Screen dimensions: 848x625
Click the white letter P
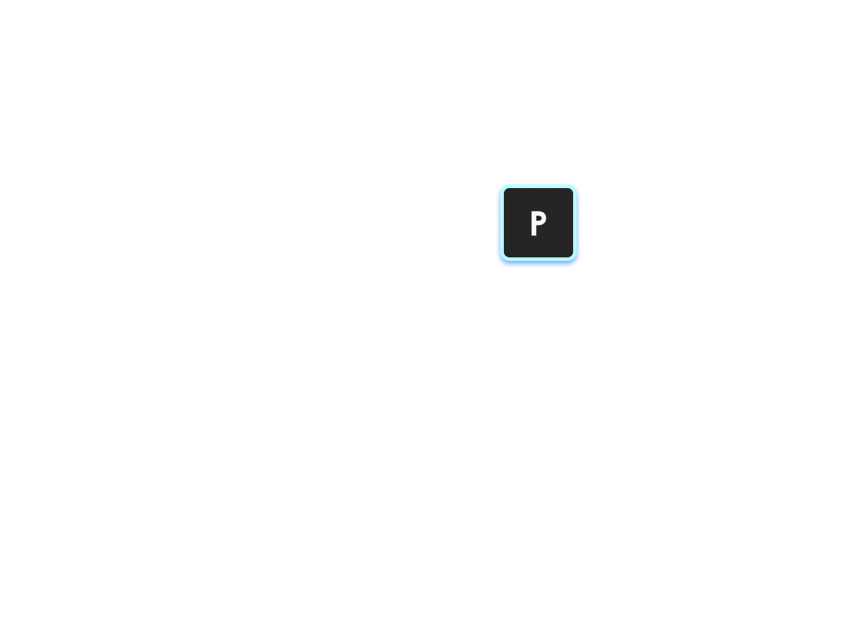538,223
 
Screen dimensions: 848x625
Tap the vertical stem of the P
534,223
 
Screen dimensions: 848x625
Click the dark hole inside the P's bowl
539,218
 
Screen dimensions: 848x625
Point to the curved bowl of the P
544,218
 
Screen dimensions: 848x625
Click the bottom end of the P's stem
534,235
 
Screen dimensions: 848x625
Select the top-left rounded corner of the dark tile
507,191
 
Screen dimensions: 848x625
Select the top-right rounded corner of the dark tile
570,191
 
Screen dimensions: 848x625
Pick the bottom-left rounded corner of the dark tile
507,255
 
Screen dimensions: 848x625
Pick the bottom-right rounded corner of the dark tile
570,255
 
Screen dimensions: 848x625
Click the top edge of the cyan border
538,187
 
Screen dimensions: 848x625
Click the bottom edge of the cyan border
538,259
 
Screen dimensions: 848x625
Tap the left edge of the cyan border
502,223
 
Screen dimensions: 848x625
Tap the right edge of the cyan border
575,223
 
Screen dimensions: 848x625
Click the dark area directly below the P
538,246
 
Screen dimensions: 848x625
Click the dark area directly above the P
538,199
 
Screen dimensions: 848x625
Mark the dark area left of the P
517,223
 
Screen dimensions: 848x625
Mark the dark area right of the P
560,223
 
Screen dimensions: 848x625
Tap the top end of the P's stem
534,212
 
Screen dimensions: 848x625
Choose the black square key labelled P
538,223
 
